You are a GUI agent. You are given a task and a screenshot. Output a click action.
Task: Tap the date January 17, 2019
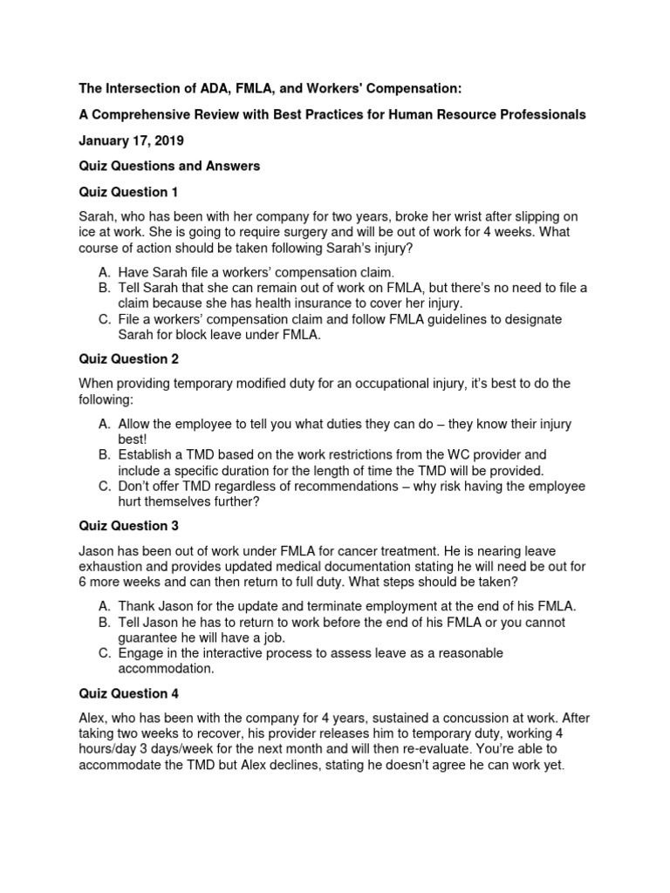(130, 140)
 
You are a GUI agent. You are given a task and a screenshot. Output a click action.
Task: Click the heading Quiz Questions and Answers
(169, 166)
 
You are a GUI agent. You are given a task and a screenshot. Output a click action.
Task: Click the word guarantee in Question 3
(148, 637)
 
